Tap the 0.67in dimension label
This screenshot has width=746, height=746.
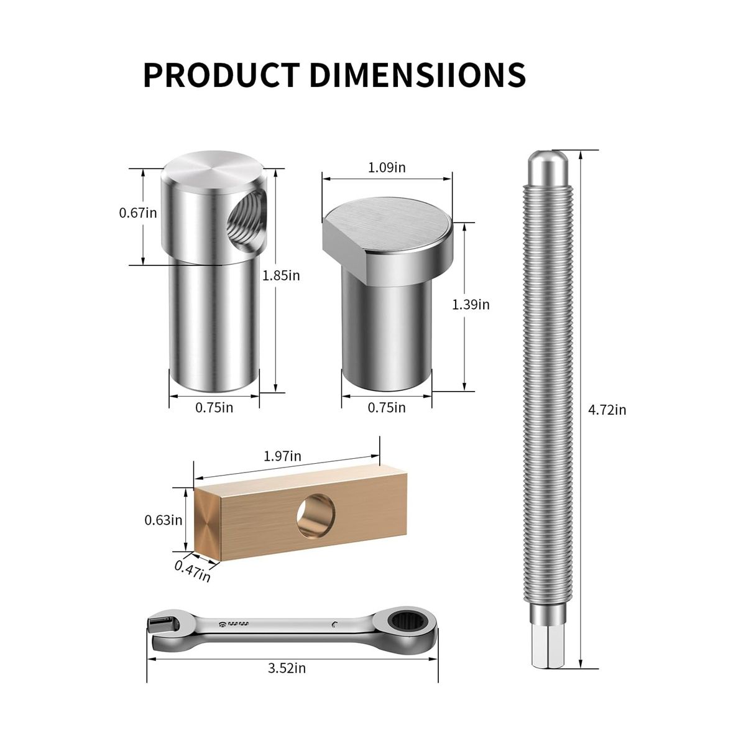pyautogui.click(x=138, y=213)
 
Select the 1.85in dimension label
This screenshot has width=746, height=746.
pyautogui.click(x=281, y=275)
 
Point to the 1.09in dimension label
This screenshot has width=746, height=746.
pyautogui.click(x=387, y=167)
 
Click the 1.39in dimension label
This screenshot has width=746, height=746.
pyautogui.click(x=471, y=305)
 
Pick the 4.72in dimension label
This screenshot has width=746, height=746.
pyautogui.click(x=607, y=410)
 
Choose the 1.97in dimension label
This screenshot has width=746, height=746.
pyautogui.click(x=282, y=456)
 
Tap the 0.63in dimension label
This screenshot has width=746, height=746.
pyautogui.click(x=163, y=520)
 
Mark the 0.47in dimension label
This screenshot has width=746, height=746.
pyautogui.click(x=192, y=571)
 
